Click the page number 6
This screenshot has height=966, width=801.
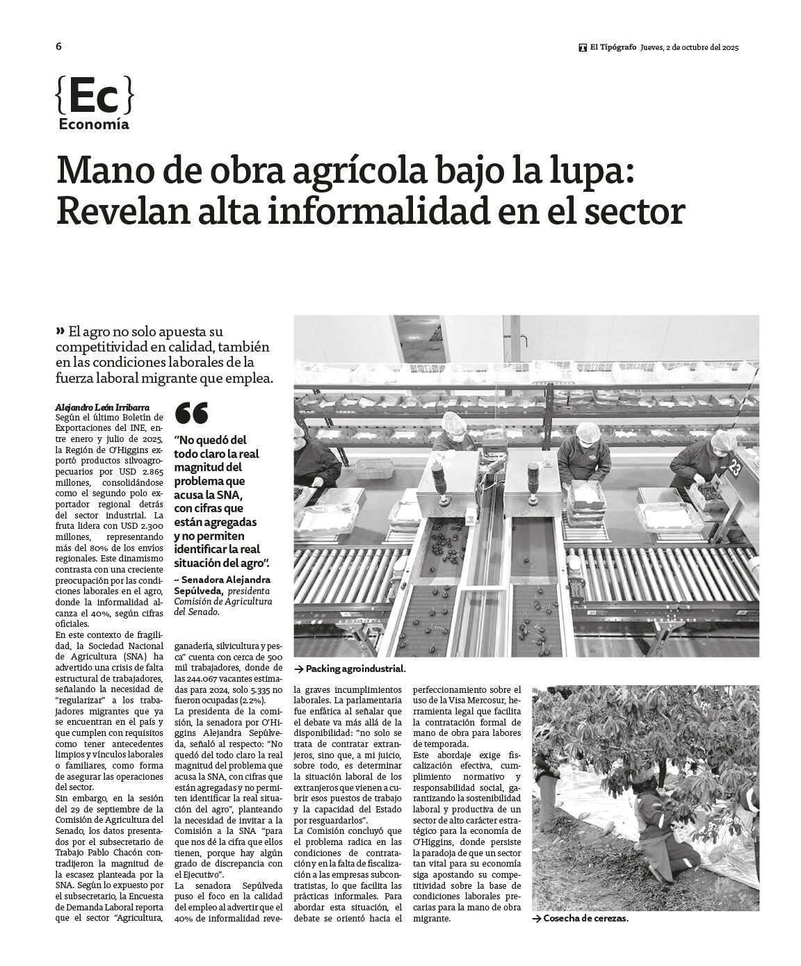tap(58, 47)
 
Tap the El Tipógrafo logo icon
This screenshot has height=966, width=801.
tap(582, 48)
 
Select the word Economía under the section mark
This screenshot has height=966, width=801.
tap(94, 125)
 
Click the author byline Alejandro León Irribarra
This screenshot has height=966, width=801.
tap(102, 407)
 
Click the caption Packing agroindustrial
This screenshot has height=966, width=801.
tap(355, 668)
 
